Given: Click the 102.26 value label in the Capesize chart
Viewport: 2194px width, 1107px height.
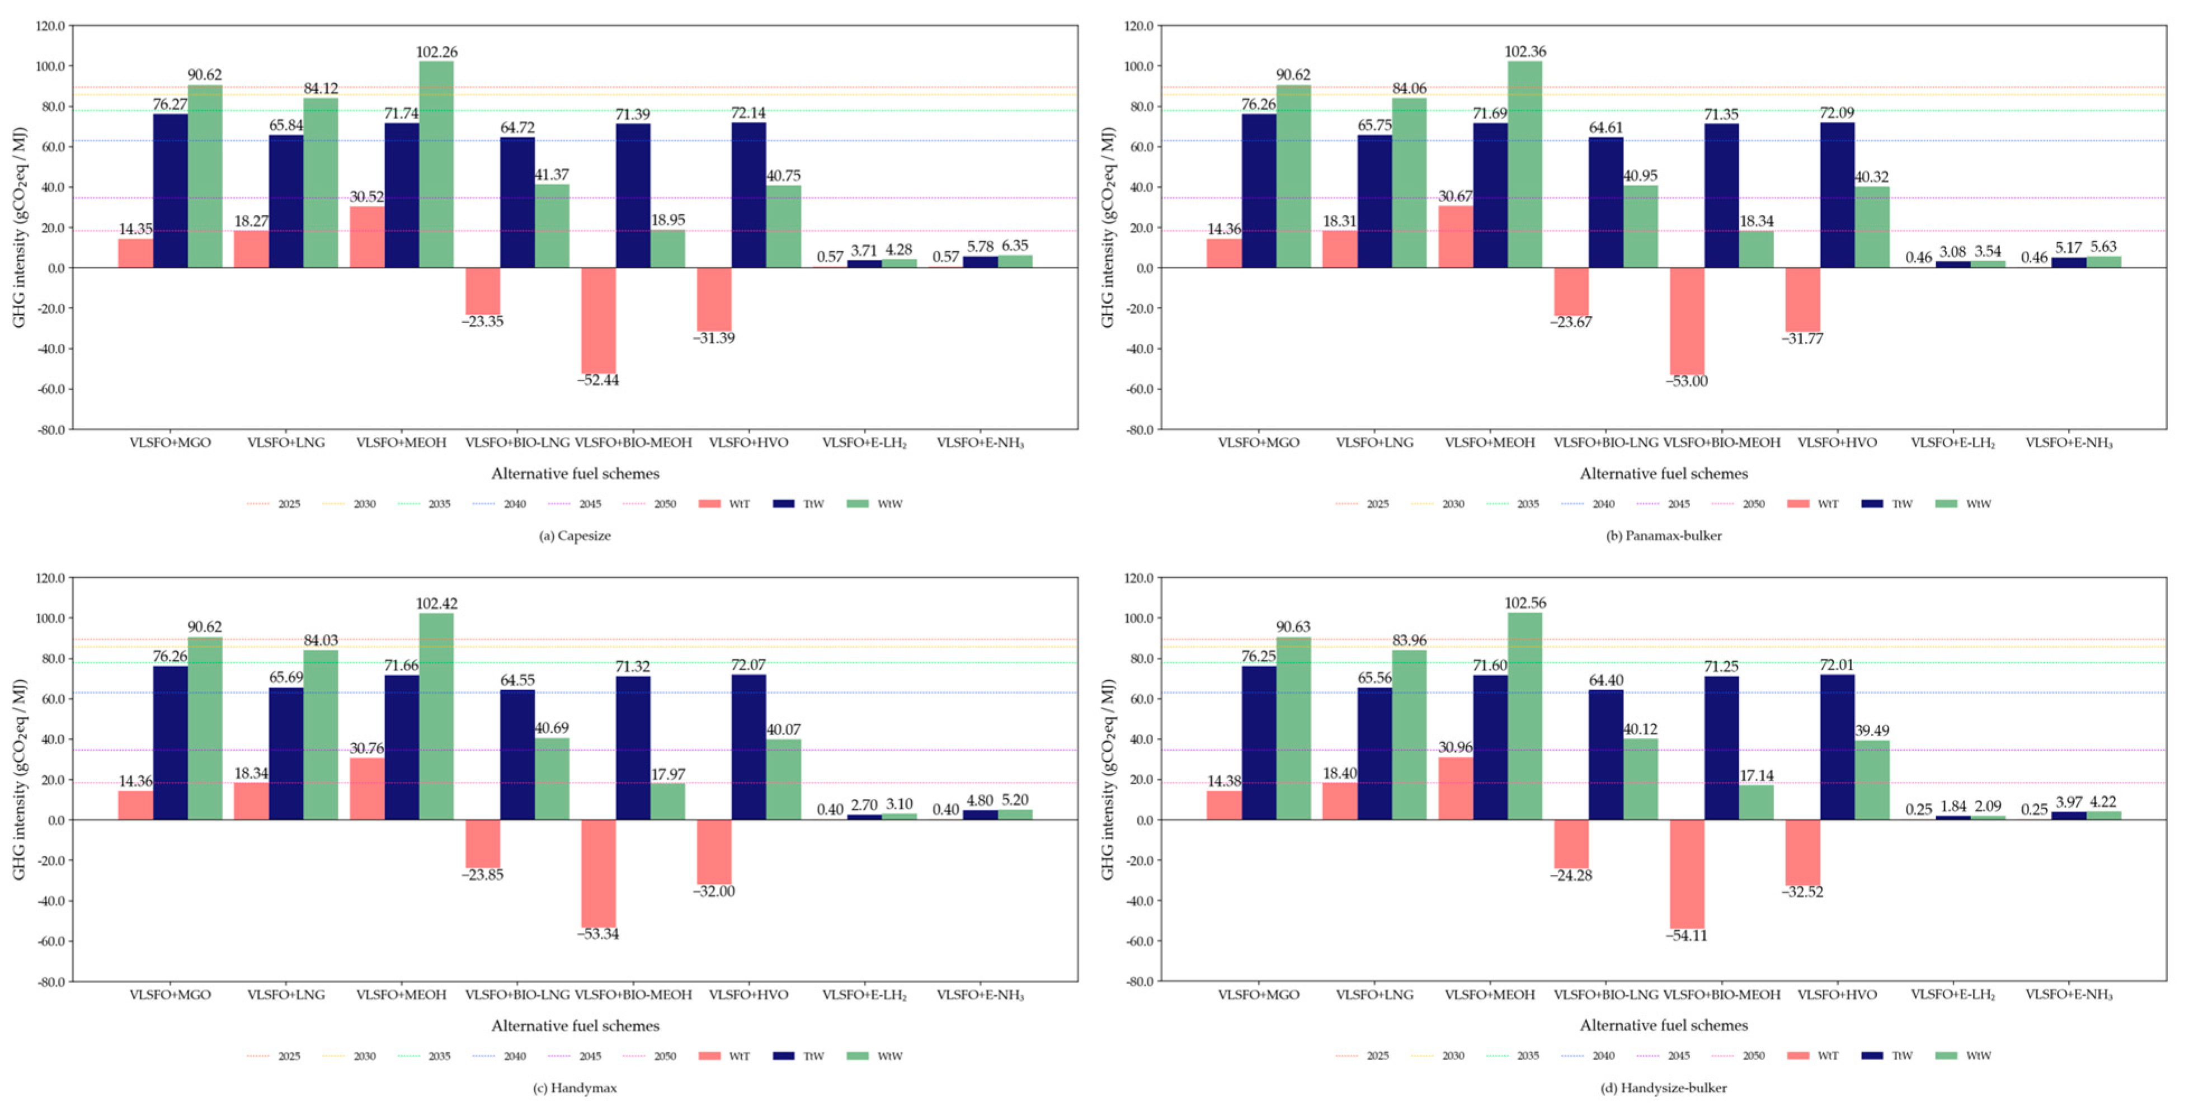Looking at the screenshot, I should point(436,52).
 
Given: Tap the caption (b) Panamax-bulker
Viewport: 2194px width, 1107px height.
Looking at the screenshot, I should point(1663,536).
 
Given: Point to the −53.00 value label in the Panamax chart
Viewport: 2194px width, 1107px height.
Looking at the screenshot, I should point(1687,380).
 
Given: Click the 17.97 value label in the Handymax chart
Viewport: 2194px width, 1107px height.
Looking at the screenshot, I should point(668,774).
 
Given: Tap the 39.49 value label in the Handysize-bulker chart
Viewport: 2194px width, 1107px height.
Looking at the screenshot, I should point(1871,730).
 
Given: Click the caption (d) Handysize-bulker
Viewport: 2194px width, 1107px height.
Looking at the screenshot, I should point(1663,1087).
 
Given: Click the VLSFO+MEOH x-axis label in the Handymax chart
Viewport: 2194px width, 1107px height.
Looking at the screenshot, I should point(401,995).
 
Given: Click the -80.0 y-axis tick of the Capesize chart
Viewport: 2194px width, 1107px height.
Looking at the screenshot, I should point(49,429).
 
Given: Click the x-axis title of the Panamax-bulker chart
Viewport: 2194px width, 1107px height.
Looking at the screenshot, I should point(1663,473).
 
